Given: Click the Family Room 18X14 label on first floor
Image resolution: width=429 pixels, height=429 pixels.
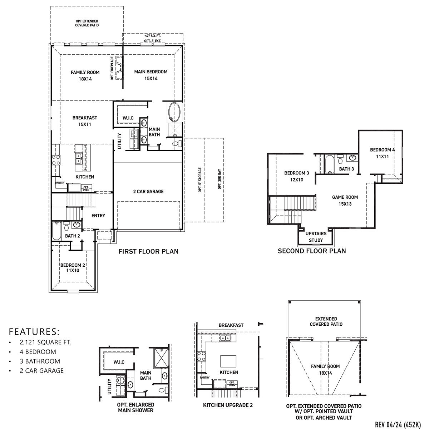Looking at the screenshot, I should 85,75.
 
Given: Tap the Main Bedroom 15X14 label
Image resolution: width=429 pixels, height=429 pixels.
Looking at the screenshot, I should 151,75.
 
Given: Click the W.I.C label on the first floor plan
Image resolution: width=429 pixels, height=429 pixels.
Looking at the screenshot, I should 128,118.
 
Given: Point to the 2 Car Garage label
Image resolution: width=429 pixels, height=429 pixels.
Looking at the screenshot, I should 146,192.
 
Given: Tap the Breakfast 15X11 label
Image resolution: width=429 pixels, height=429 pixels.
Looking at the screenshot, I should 85,121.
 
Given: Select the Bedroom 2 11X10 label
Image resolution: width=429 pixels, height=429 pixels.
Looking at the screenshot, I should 73,268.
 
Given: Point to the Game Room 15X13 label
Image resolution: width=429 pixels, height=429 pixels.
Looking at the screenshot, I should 345,200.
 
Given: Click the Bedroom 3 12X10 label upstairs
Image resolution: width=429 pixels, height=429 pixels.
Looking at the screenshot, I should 296,176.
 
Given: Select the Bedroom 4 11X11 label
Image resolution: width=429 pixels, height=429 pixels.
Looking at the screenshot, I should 382,153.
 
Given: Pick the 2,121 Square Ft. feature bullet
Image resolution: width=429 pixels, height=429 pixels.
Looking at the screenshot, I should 45,342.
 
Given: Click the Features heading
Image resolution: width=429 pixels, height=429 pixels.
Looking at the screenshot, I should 34,331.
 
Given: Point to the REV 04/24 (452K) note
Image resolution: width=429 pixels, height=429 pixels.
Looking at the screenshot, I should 398,424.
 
